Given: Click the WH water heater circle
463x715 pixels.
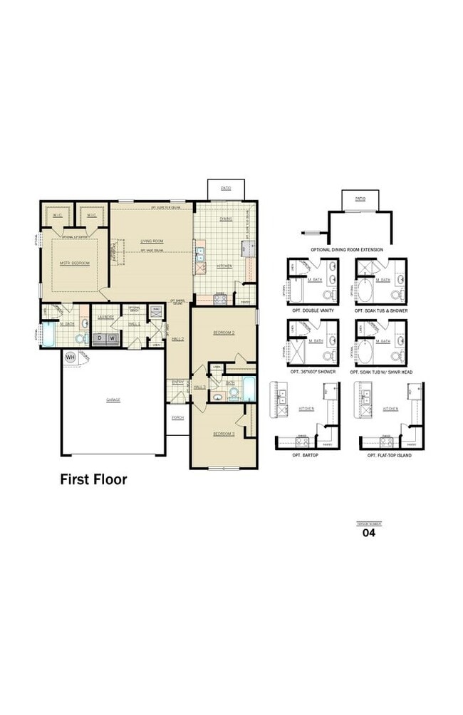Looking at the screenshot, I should click(71, 357).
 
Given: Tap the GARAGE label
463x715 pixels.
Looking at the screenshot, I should click(113, 400).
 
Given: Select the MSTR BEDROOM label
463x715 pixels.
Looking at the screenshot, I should click(74, 263).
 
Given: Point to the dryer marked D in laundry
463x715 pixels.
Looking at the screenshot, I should click(100, 338).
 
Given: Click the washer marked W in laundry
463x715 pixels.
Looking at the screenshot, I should click(112, 338).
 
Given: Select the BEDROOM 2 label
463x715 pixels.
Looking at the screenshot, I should click(224, 333).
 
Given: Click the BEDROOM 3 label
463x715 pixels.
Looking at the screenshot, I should click(224, 433).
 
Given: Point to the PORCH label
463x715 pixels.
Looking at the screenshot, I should click(177, 419).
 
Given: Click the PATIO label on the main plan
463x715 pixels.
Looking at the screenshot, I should click(226, 188).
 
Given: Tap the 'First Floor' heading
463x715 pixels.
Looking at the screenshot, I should click(93, 479).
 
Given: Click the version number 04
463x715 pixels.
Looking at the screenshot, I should click(369, 532).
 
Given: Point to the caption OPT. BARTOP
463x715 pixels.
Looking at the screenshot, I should click(307, 454).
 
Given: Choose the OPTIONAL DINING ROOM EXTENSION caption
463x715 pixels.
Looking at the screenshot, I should click(347, 250).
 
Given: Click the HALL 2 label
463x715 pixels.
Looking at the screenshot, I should click(178, 338).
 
